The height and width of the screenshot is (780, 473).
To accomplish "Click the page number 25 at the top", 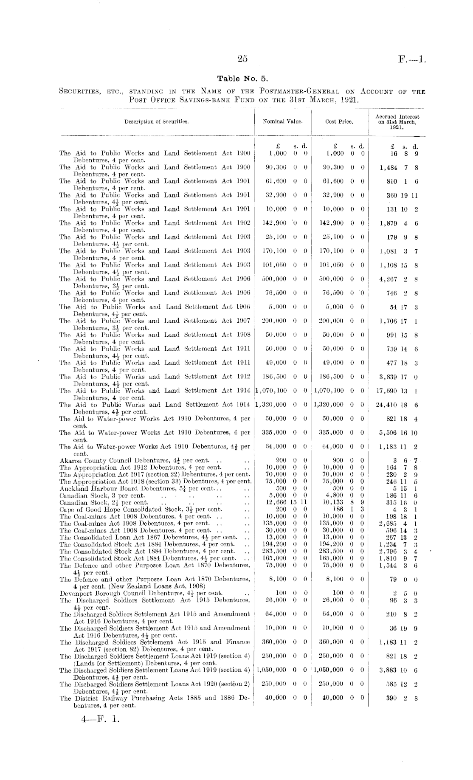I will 242,59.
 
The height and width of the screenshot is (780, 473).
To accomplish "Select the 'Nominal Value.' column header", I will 282,121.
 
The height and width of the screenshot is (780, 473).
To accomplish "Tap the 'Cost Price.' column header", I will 339,121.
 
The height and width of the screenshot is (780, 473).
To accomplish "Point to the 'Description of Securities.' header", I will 156,121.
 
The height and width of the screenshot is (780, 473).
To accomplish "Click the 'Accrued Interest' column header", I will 397,117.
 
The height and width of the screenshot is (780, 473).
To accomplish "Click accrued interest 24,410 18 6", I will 397,405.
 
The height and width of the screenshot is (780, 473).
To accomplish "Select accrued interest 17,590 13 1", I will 397,391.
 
